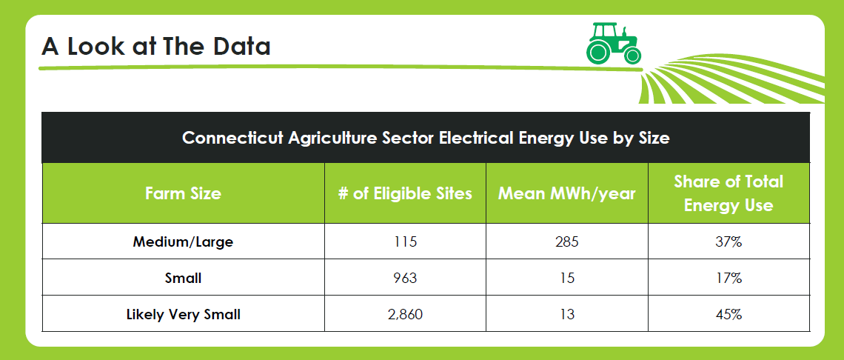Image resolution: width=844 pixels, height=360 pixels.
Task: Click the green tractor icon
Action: [x=614, y=43]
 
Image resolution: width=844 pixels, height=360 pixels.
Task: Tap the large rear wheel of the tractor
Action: [x=597, y=53]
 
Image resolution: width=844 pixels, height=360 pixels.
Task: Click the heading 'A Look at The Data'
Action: [x=156, y=47]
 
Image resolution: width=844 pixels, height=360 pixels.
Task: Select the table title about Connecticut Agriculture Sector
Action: [x=426, y=138]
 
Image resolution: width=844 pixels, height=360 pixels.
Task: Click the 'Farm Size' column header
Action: [x=183, y=193]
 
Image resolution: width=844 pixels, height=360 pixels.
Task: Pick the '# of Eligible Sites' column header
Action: [x=405, y=193]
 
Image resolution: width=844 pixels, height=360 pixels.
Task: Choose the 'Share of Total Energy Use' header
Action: [x=729, y=193]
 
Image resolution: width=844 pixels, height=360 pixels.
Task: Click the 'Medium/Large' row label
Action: [x=183, y=242]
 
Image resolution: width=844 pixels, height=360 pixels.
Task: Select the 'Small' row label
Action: [x=183, y=278]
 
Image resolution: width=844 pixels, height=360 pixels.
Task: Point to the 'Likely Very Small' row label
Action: [x=183, y=314]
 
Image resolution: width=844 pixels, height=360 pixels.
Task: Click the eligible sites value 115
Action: [x=405, y=242]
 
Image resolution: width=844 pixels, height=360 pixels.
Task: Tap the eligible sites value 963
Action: [x=405, y=278]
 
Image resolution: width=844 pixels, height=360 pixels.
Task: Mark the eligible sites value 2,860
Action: [x=405, y=314]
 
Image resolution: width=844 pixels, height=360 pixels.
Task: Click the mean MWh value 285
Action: [x=567, y=242]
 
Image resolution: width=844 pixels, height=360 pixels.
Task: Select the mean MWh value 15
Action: [x=567, y=278]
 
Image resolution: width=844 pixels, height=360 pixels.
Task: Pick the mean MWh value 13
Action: [x=567, y=314]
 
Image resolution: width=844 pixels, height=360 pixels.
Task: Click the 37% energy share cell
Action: [x=729, y=242]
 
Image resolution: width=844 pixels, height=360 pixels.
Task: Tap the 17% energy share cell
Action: [x=729, y=278]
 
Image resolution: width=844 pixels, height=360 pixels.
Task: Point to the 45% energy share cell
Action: [x=729, y=314]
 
